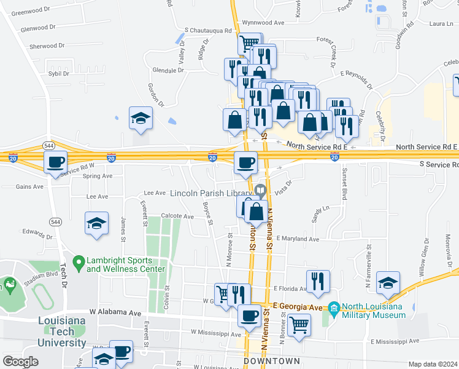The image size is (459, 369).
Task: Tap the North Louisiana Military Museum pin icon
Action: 333,307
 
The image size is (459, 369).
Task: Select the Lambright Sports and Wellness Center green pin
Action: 78,264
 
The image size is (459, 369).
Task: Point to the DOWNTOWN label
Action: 272,361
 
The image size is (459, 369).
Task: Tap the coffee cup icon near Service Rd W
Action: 56,162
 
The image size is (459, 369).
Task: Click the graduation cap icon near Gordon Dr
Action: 141,117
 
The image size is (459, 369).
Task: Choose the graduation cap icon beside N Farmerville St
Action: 388,282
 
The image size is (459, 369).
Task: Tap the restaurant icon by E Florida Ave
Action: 317,281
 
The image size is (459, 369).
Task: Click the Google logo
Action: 20,361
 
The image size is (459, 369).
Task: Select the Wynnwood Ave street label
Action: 263,22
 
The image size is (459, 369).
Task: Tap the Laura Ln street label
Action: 441,23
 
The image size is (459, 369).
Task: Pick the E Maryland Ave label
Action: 298,239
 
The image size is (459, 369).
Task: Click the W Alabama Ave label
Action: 115,312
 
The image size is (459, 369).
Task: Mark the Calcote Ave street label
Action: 177,216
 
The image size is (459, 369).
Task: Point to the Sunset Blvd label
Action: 344,183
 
